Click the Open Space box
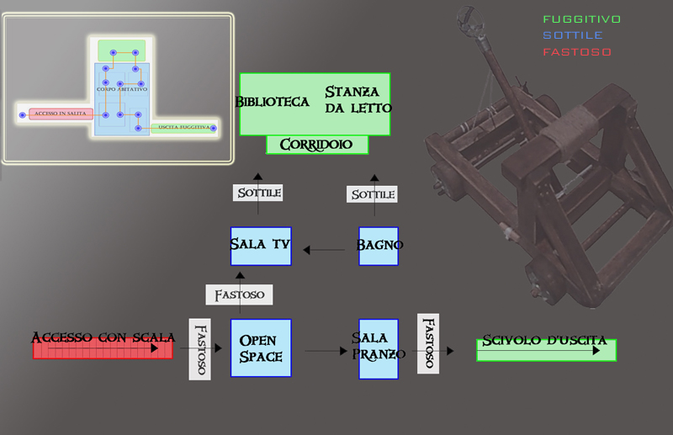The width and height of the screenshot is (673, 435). point(261,347)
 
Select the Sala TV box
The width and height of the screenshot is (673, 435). point(261,245)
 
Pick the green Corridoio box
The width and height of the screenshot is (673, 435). point(317,145)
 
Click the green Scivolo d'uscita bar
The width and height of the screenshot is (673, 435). point(546,349)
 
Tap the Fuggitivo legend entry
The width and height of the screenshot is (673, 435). point(582,19)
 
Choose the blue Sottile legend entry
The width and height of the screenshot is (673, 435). point(573,35)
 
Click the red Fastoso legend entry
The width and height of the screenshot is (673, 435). point(577,52)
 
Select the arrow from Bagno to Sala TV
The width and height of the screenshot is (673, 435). point(325,249)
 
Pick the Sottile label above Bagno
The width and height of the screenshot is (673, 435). point(373,194)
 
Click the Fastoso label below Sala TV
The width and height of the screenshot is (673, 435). point(240,294)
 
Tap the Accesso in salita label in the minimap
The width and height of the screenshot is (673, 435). point(60,114)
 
